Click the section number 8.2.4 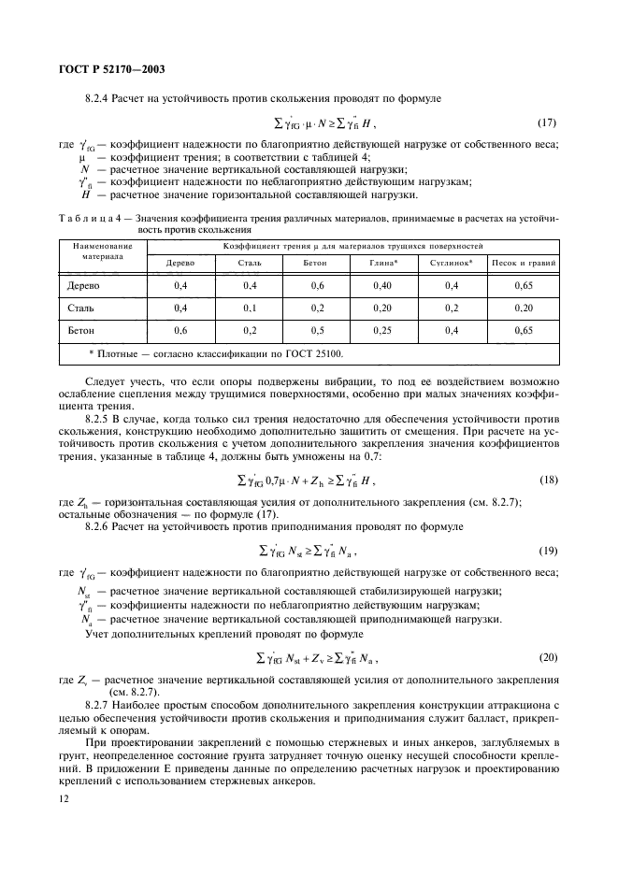coord(97,98)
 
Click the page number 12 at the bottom coord(65,798)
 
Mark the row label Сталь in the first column coord(78,308)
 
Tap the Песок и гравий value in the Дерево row coord(524,285)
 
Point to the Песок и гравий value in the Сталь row coord(524,308)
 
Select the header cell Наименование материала coord(103,251)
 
